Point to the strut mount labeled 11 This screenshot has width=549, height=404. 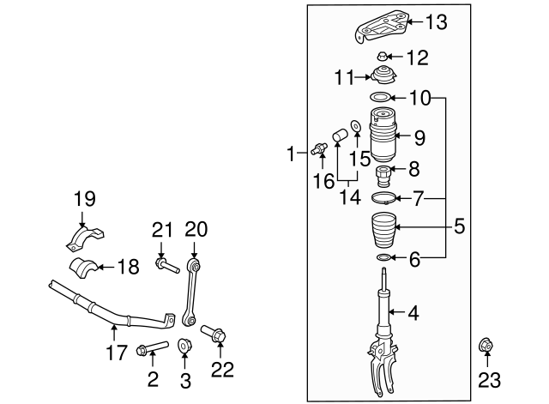click(382, 75)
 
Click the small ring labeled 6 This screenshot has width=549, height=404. click(383, 257)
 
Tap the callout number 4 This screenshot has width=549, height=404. click(413, 314)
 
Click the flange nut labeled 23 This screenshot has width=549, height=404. click(486, 347)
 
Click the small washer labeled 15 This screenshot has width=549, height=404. click(356, 127)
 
